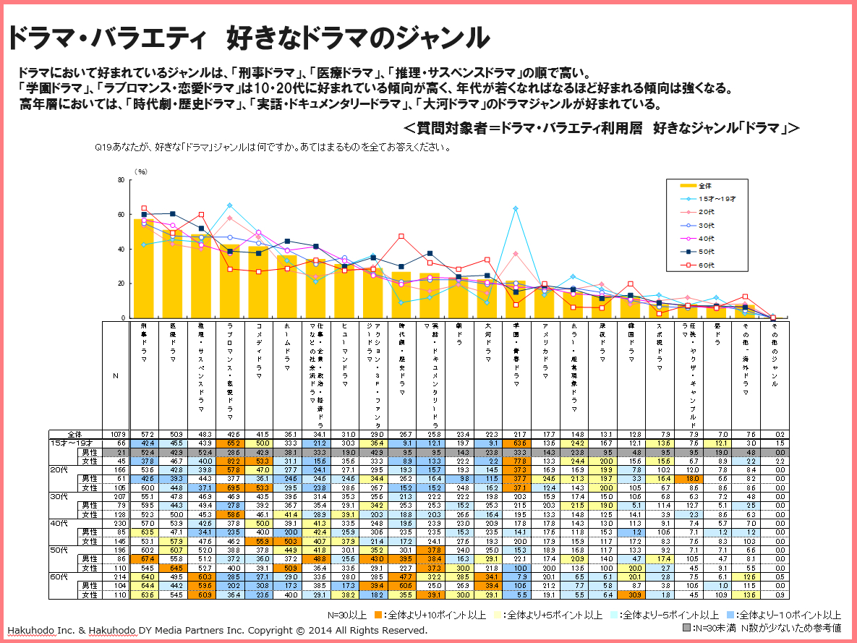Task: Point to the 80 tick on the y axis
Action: pos(121,180)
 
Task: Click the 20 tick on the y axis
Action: pos(121,284)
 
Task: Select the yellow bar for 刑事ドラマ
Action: pos(145,268)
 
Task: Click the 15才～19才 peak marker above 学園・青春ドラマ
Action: pos(516,208)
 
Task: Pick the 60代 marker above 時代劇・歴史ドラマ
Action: pos(401,237)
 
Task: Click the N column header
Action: pos(116,375)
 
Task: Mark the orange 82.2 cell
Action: pos(231,460)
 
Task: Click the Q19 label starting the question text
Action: pos(103,146)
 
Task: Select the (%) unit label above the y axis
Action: pos(141,172)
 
